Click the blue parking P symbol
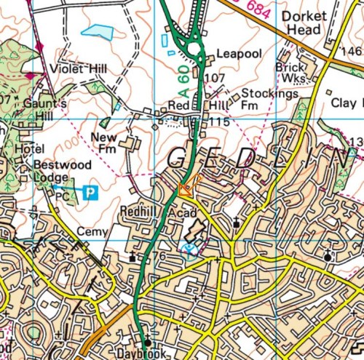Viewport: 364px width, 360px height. pyautogui.click(x=90, y=193)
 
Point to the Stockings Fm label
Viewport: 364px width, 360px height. pyautogui.click(x=258, y=99)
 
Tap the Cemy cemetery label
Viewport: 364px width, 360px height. pyautogui.click(x=90, y=231)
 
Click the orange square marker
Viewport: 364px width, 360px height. pyautogui.click(x=186, y=189)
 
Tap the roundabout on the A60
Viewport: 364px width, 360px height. pyautogui.click(x=194, y=49)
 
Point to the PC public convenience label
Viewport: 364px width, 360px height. pyautogui.click(x=63, y=195)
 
